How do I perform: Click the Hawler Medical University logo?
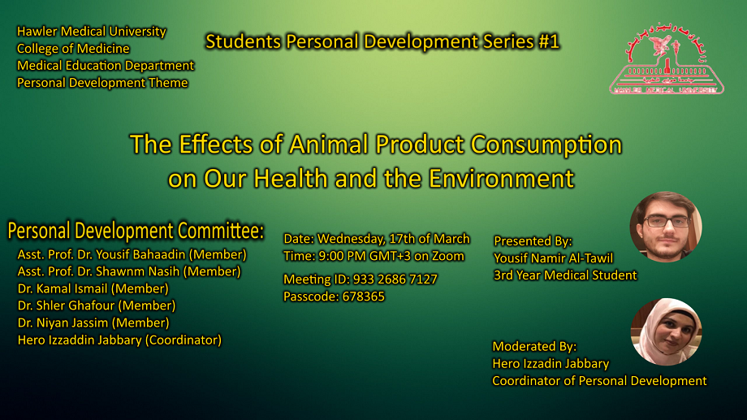click(x=667, y=58)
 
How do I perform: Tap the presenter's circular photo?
click(x=666, y=227)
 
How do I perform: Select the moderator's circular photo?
click(x=666, y=331)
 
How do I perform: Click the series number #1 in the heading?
click(x=549, y=41)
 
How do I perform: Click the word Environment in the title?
click(x=501, y=179)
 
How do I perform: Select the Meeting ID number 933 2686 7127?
click(x=395, y=279)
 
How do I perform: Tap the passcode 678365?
click(x=364, y=297)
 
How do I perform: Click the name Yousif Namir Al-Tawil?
click(x=554, y=258)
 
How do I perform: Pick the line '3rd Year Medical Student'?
click(x=565, y=275)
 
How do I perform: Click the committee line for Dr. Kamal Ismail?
click(x=93, y=289)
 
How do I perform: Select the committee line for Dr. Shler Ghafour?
click(x=97, y=305)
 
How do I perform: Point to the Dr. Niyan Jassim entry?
click(x=93, y=323)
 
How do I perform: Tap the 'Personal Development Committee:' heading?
click(x=136, y=231)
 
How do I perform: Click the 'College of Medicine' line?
click(x=73, y=49)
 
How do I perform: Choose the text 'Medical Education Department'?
click(x=106, y=66)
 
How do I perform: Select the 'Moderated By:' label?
click(x=534, y=347)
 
